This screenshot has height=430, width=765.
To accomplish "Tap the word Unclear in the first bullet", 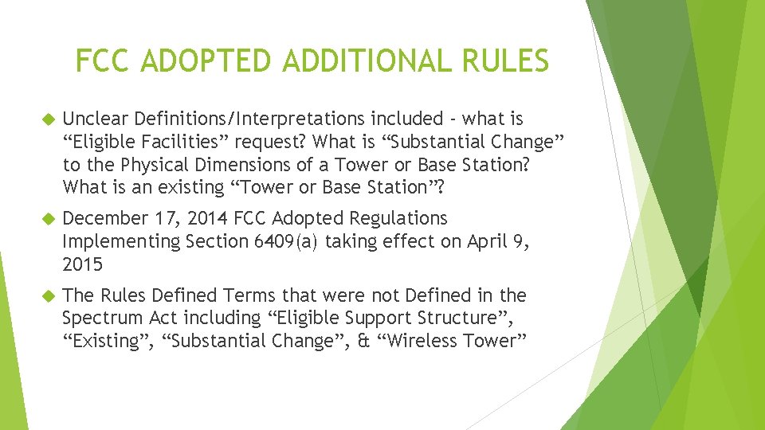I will [x=94, y=119].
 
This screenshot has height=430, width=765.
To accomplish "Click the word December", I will [x=103, y=218].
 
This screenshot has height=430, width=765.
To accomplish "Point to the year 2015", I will [x=83, y=264].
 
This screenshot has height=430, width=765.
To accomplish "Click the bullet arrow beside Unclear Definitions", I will [x=45, y=120].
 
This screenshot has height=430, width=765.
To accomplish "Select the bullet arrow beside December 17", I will [x=45, y=219].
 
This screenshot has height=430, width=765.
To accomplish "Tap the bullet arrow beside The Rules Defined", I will [x=45, y=296].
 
